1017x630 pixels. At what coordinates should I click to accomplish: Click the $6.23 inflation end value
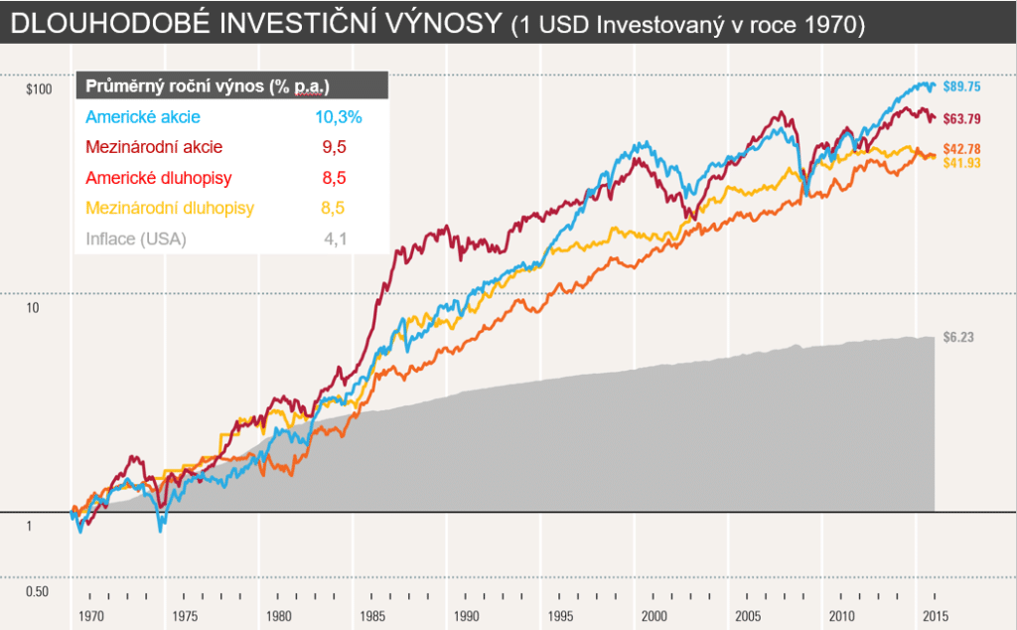pyautogui.click(x=958, y=337)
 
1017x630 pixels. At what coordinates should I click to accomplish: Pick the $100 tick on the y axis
pyautogui.click(x=38, y=90)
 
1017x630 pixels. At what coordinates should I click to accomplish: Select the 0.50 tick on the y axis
pyautogui.click(x=37, y=592)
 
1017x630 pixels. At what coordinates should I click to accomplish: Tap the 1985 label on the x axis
pyautogui.click(x=372, y=615)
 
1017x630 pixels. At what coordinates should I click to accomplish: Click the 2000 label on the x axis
pyautogui.click(x=654, y=615)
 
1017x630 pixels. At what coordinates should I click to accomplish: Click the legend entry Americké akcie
pyautogui.click(x=143, y=117)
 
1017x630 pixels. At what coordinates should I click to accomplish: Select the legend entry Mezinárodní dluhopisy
pyautogui.click(x=170, y=208)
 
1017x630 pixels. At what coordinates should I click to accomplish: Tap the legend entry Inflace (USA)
pyautogui.click(x=136, y=238)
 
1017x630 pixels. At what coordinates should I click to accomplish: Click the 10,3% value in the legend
pyautogui.click(x=338, y=117)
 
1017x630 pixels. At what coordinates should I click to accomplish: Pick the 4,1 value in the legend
pyautogui.click(x=335, y=238)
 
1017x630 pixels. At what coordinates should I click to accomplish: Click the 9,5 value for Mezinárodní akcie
pyautogui.click(x=335, y=147)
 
